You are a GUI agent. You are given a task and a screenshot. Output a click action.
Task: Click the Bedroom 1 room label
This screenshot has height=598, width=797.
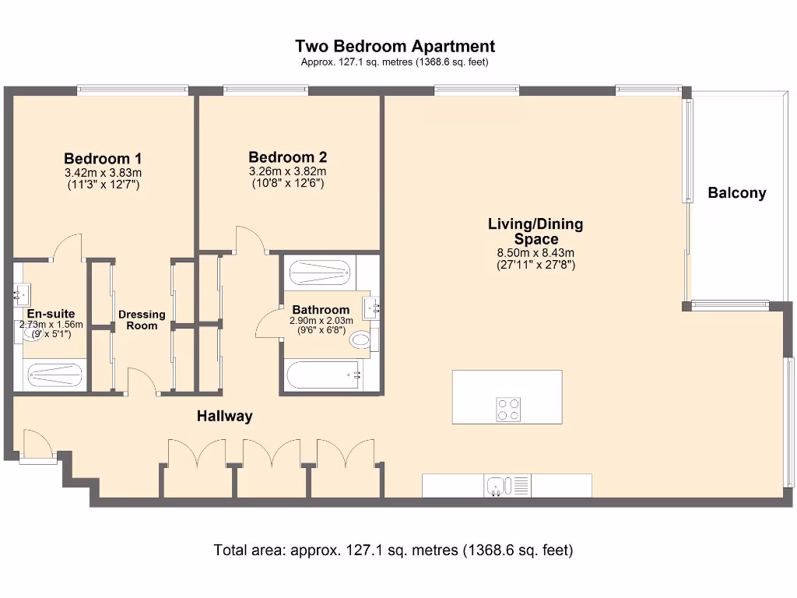click(103, 158)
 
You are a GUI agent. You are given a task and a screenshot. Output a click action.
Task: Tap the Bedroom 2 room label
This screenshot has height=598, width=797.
click(288, 157)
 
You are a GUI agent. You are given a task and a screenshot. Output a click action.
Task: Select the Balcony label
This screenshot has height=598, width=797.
click(737, 193)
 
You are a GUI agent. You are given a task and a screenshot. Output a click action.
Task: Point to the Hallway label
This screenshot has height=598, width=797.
click(225, 416)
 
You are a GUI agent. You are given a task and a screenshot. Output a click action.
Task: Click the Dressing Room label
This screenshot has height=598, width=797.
click(142, 320)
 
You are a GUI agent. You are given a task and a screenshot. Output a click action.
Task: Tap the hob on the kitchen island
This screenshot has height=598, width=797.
click(508, 410)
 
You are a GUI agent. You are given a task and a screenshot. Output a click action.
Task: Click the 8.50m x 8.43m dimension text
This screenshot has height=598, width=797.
click(535, 253)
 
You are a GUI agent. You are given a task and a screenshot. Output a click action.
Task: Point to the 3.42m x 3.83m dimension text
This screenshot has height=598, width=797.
click(104, 173)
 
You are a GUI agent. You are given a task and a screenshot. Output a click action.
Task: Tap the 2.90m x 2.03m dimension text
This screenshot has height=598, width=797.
click(321, 320)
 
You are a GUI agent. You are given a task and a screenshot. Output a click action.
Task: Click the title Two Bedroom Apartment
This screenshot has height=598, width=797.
click(395, 46)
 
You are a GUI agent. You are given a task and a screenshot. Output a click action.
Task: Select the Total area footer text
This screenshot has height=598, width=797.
click(393, 551)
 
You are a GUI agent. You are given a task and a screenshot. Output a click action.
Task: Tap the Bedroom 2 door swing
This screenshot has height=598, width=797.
click(250, 240)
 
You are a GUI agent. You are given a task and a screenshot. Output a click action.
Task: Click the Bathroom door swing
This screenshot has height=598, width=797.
click(269, 322)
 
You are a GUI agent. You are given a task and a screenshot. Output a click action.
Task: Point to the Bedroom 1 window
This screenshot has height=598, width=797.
click(132, 90)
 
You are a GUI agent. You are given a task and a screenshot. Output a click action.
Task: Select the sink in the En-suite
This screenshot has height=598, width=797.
click(22, 294)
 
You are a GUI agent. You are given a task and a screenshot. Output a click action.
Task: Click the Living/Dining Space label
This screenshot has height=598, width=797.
click(535, 231)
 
